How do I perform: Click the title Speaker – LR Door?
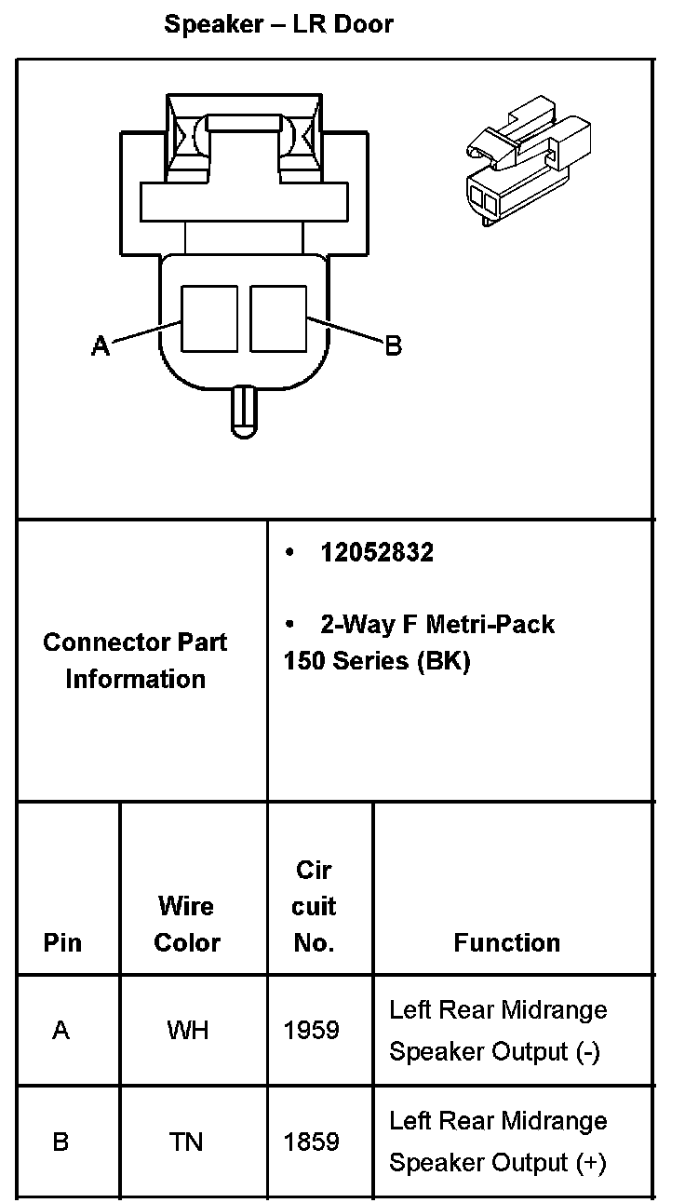(278, 25)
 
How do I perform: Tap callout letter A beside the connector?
(101, 346)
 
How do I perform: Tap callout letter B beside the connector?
(393, 346)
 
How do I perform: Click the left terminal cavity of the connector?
(208, 318)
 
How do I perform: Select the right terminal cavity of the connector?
(278, 318)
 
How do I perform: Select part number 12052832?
(376, 553)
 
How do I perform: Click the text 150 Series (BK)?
(377, 661)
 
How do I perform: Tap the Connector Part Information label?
(135, 660)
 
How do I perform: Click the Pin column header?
(62, 942)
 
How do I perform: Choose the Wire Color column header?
(186, 924)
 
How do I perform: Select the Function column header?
(506, 942)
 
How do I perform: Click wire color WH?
(187, 1031)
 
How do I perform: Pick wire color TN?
(187, 1142)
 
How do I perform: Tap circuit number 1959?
(312, 1031)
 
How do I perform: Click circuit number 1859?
(312, 1142)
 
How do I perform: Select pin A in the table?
(61, 1031)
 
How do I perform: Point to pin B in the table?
(61, 1142)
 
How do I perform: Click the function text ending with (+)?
(497, 1142)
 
